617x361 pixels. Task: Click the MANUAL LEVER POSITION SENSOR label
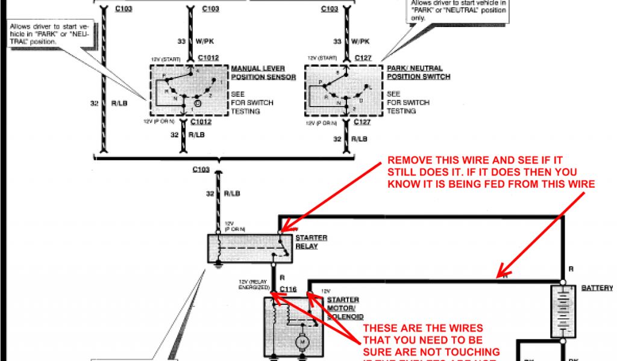coord(263,73)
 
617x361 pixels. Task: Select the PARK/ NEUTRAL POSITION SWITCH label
coord(418,73)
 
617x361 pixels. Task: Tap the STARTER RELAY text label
coord(311,242)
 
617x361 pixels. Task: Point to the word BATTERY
coord(597,288)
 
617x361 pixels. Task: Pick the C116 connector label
coord(289,289)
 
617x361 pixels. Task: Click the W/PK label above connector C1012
coord(205,42)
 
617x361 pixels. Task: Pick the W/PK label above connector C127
coord(360,42)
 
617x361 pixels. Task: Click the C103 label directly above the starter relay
coord(201,169)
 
